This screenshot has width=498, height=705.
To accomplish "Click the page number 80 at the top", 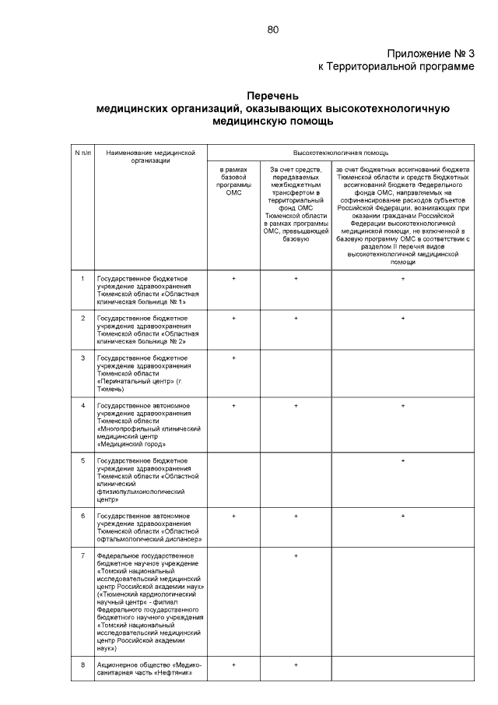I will (x=272, y=30).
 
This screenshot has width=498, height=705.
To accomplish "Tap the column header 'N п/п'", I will (x=82, y=153).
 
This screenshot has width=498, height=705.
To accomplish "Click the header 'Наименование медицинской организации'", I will (x=150, y=157).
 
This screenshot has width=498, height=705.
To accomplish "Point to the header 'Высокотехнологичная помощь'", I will (x=340, y=153).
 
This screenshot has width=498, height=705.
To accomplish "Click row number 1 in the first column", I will (x=82, y=278).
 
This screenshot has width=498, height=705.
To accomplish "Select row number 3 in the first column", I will (x=82, y=358).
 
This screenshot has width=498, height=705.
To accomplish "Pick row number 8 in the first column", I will (x=82, y=664).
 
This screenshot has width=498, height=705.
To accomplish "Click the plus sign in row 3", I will (x=233, y=358).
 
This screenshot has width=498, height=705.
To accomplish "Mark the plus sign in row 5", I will (x=402, y=461).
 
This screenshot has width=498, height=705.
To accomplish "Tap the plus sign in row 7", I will (x=296, y=555).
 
